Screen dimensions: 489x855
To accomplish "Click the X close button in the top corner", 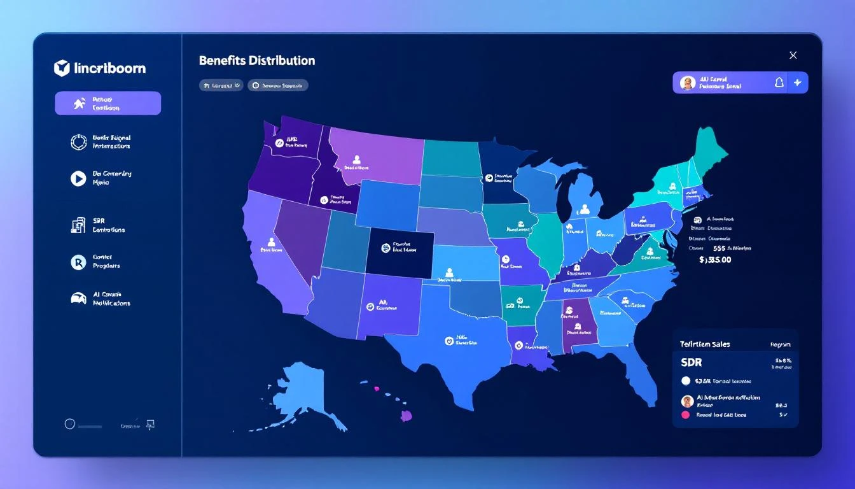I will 793,55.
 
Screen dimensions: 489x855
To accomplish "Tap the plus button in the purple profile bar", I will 798,82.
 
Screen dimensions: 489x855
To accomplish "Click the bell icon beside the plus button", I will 779,82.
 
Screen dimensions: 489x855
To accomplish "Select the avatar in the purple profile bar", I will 687,83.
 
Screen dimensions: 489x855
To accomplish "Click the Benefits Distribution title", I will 256,60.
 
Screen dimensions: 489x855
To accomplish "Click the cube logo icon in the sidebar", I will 62,68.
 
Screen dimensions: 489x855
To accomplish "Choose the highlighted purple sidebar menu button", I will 108,103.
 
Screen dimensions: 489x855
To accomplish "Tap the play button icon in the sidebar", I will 78,178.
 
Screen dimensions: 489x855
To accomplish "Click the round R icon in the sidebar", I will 78,262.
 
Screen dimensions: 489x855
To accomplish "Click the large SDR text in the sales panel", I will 692,362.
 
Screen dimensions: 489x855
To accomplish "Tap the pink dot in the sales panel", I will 685,415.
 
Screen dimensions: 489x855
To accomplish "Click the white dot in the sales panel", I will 685,381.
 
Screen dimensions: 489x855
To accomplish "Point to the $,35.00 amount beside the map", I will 715,260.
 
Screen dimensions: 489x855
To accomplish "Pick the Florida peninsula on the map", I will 643,376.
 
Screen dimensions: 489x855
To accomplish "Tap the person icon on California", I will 271,242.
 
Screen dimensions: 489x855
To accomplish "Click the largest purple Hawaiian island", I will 407,416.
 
